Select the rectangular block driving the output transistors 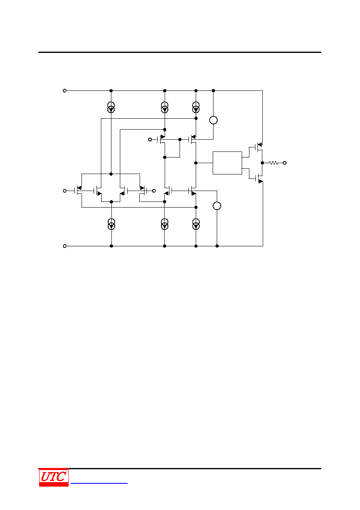pos(227,163)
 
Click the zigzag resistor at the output pos(273,163)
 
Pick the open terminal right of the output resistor pos(285,163)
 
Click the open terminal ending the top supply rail pos(65,90)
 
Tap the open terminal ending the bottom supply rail pos(65,246)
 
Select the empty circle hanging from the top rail pos(213,120)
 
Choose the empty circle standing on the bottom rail pos(217,206)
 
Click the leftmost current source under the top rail pos(111,107)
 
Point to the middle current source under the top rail pos(165,107)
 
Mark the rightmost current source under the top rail pos(196,107)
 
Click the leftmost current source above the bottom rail pos(111,224)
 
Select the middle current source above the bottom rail pos(165,224)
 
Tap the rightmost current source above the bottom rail pos(196,224)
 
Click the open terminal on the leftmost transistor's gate pos(65,191)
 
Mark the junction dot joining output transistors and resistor pos(262,163)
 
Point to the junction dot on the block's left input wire pos(196,163)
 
